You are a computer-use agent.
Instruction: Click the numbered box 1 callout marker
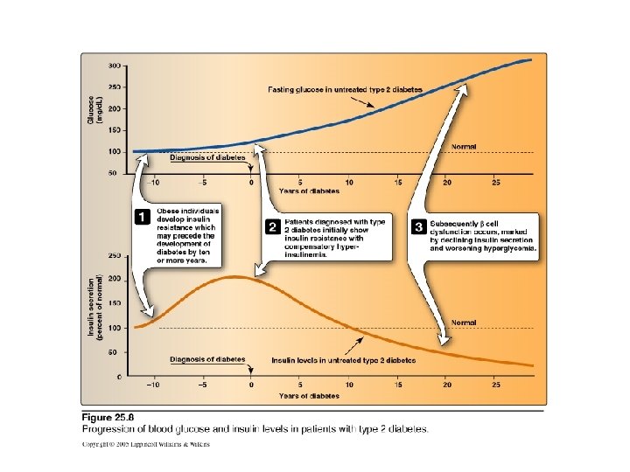coord(140,216)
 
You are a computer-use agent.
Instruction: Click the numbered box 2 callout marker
coord(272,226)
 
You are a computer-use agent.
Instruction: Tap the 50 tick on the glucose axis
coord(115,174)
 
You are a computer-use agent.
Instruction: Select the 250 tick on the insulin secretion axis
coord(114,256)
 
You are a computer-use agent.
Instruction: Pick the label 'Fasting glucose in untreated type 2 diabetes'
coord(344,90)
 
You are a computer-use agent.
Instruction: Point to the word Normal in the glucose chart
coord(464,146)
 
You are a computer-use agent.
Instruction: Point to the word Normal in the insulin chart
coord(464,323)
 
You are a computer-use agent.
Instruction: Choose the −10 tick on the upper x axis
coord(154,183)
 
